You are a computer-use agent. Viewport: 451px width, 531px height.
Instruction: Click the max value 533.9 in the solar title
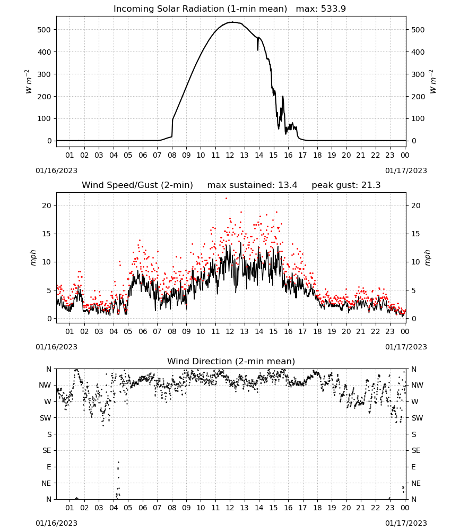[333, 8]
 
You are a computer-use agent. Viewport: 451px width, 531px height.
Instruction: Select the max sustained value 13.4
[288, 185]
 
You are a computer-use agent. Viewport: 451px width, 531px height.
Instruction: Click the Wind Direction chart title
[231, 361]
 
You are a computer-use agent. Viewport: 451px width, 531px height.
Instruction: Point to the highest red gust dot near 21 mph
[226, 198]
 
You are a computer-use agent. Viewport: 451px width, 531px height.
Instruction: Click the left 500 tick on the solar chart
[44, 30]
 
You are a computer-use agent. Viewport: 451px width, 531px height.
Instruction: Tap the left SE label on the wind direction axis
[47, 450]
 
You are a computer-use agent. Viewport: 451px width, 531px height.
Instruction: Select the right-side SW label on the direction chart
[417, 418]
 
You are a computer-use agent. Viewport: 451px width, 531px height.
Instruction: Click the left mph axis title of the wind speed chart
[33, 258]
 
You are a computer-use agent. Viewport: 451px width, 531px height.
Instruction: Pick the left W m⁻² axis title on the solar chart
[29, 82]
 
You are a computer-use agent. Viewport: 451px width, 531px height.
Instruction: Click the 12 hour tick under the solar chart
[230, 155]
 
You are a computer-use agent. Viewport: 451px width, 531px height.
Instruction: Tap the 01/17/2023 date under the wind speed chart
[406, 347]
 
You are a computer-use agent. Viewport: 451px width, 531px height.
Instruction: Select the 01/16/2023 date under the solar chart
[56, 170]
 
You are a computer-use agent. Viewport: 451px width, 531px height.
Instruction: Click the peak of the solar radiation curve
[232, 22]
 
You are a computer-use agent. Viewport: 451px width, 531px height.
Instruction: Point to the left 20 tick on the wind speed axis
[47, 205]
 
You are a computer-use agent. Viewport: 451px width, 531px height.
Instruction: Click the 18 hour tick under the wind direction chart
[317, 508]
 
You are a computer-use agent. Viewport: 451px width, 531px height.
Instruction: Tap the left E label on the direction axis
[49, 467]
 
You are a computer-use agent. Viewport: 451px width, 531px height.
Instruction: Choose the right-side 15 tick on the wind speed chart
[416, 234]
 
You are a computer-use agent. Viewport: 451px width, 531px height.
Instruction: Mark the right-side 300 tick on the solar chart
[418, 74]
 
